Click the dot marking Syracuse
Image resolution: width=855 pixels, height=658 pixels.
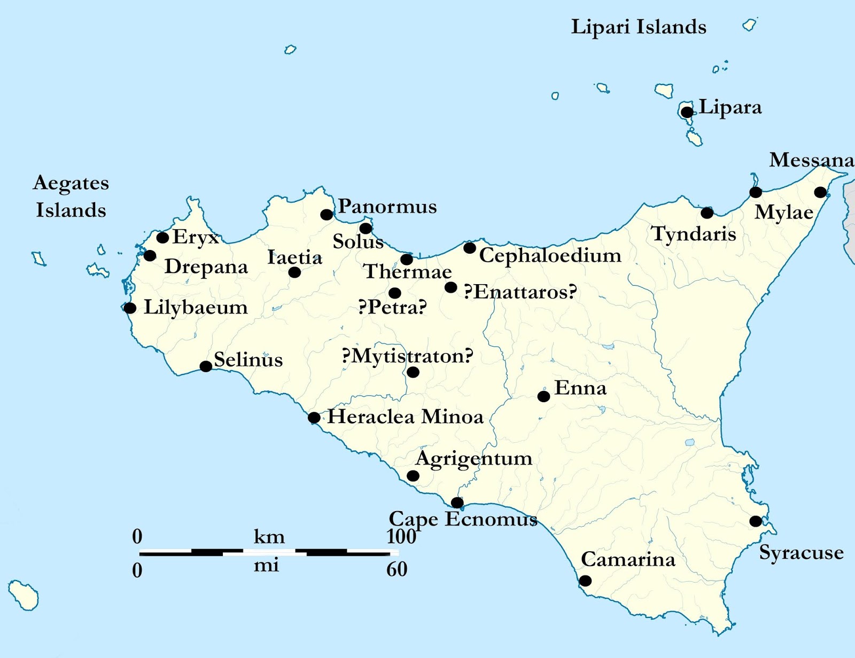coord(756,521)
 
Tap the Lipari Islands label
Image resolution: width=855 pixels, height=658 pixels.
coord(639,27)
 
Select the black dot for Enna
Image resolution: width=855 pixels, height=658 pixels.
coord(543,396)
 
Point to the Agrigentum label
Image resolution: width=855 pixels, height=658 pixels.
coord(474,459)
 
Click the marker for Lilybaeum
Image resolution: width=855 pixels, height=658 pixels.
coord(130,308)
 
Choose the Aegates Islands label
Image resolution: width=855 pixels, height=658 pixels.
coord(71,196)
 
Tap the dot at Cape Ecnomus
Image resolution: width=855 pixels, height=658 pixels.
coord(457,503)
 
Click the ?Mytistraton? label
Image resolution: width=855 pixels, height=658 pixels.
coord(407,356)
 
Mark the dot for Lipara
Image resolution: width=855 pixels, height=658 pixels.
coord(687,112)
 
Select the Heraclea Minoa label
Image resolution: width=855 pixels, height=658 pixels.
coord(405,417)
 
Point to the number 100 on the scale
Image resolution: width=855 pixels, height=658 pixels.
coord(401,536)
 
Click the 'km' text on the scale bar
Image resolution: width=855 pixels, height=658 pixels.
coord(269,537)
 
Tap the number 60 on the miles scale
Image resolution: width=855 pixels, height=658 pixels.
coord(397,569)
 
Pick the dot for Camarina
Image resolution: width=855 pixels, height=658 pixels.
coord(586,581)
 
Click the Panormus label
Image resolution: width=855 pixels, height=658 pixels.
coord(387,206)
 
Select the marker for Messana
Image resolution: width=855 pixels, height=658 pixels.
coord(820,192)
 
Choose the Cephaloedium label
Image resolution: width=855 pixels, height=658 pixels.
coord(550,255)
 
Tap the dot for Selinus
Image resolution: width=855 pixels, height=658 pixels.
coord(206,366)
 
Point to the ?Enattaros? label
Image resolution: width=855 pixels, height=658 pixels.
coord(520,292)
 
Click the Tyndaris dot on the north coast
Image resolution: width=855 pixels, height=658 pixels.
coord(707,213)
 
